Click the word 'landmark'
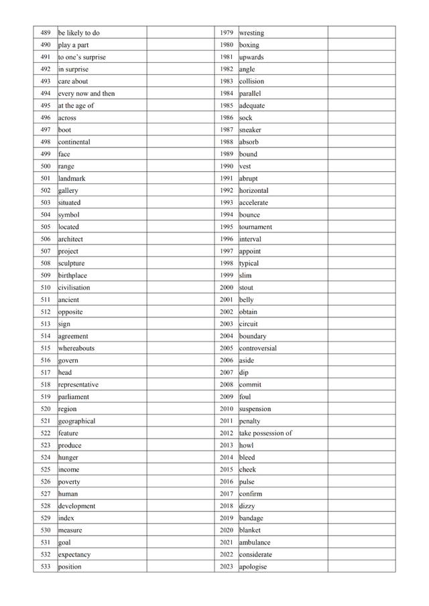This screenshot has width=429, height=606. (72, 179)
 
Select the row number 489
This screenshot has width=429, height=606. (46, 33)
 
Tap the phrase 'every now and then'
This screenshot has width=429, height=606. (86, 94)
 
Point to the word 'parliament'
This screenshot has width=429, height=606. (74, 397)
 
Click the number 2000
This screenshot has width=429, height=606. (227, 288)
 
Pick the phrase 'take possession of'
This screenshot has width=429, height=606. (265, 433)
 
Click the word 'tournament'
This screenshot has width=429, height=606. (255, 227)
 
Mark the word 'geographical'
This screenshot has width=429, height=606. (76, 421)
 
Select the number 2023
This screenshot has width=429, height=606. (227, 566)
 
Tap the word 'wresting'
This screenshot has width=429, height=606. (251, 33)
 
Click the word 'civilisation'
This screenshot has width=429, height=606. (74, 288)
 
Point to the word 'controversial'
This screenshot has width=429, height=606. (258, 348)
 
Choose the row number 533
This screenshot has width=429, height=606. (46, 566)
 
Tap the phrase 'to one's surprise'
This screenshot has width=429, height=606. (82, 58)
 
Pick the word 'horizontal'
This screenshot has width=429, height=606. (254, 191)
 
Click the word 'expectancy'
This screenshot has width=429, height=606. (74, 554)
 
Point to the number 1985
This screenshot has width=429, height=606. (227, 106)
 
